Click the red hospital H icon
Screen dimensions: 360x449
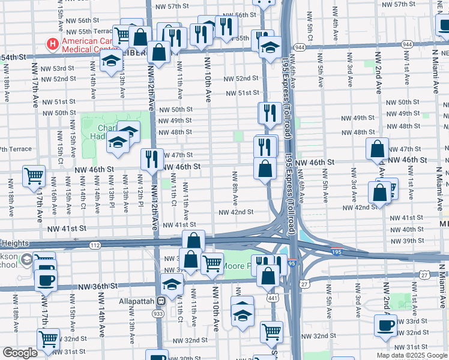(53, 44)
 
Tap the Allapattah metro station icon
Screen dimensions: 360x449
(161, 301)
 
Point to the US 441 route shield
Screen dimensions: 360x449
(273, 297)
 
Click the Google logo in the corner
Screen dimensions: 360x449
(20, 353)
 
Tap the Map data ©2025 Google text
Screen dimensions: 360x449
(412, 355)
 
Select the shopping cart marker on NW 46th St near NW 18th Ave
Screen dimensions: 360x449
(34, 175)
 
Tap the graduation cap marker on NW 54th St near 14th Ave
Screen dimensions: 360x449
(111, 61)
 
